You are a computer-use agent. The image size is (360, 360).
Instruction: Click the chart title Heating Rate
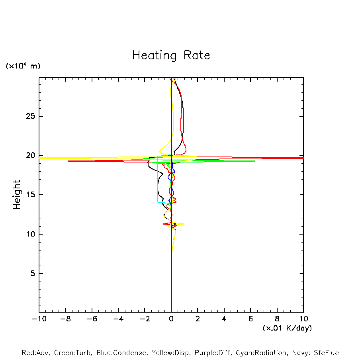[171, 55]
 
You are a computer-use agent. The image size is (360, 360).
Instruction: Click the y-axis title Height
[17, 195]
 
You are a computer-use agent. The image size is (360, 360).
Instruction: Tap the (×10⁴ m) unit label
[23, 66]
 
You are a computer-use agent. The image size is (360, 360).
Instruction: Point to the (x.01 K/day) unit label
[287, 328]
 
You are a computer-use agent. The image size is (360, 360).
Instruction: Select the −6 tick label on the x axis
[92, 319]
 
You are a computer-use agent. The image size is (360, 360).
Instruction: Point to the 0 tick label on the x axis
[171, 319]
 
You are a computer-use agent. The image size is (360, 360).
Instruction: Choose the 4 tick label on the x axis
[224, 319]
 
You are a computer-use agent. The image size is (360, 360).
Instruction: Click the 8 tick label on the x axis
[277, 319]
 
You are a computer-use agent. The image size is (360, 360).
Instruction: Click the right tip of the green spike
[254, 161]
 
